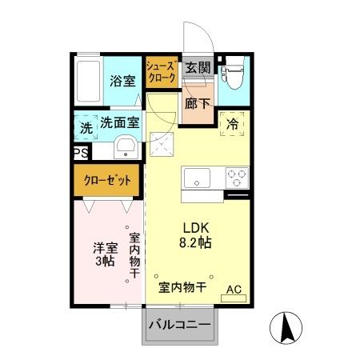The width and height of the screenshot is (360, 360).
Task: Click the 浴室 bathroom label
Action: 122,81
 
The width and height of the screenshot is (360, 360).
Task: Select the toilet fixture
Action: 234,78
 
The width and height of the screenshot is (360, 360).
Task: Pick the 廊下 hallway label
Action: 197,103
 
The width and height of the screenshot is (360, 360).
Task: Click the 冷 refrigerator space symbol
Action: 233,124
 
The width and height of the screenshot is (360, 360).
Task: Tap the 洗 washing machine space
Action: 85,126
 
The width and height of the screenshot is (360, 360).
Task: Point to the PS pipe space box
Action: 80,153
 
